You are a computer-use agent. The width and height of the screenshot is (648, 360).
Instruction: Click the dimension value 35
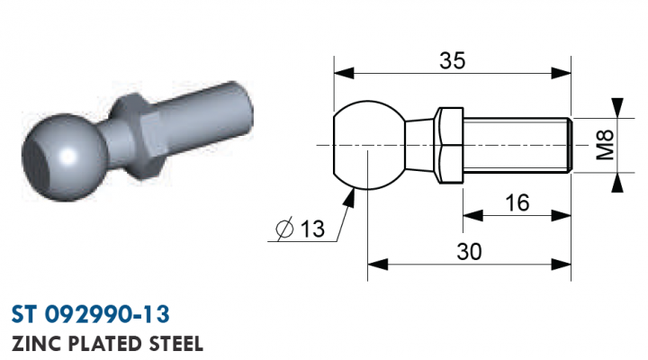[452, 60]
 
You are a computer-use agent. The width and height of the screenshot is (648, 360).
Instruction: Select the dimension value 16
[517, 202]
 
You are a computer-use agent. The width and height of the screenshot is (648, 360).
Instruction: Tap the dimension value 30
[469, 251]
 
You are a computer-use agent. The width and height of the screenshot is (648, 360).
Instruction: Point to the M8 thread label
[606, 145]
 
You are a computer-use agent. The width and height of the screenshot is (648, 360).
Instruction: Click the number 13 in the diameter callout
[312, 229]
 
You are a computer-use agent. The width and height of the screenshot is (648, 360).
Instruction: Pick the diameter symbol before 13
[284, 229]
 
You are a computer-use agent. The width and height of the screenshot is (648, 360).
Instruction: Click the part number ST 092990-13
[91, 314]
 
